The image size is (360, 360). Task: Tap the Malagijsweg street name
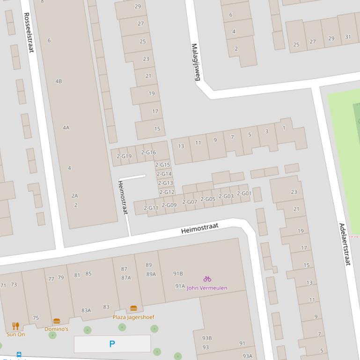(196, 62)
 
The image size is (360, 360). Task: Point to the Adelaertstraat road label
(345, 244)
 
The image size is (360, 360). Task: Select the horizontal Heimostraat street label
(200, 229)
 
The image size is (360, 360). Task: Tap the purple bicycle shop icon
(207, 279)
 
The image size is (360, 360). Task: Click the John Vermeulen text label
(207, 288)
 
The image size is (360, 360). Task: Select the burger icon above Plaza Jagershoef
(133, 309)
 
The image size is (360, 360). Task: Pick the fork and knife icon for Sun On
(15, 326)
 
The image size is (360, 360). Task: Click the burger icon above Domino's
(57, 321)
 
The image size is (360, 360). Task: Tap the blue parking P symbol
(112, 344)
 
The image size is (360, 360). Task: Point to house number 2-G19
(124, 157)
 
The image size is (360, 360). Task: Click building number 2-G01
(244, 193)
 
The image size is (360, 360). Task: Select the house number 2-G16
(148, 152)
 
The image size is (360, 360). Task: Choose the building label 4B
(59, 81)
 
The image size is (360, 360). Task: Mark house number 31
(348, 37)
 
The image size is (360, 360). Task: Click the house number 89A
(151, 274)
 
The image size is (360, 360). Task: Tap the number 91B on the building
(178, 274)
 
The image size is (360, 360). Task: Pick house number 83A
(86, 310)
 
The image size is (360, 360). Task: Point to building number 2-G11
(151, 208)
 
